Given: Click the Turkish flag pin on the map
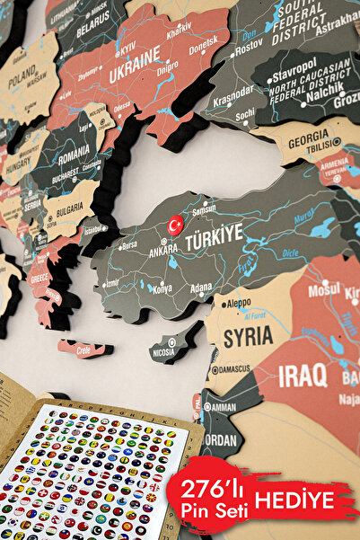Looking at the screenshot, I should (x=175, y=225).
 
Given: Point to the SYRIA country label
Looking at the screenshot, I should (x=248, y=338).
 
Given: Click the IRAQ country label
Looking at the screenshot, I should (x=303, y=376).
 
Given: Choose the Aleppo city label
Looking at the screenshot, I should (x=238, y=304).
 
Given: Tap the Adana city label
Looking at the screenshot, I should (x=201, y=288).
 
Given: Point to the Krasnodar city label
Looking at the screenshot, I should (x=233, y=92).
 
